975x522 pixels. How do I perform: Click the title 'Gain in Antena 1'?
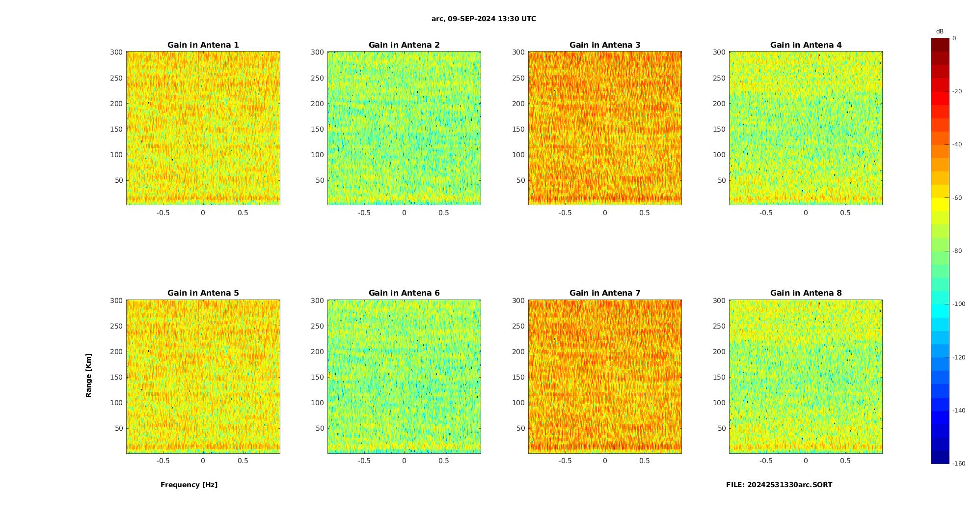tap(203, 45)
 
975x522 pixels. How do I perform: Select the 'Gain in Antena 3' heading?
tap(605, 45)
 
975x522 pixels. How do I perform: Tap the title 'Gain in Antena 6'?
tap(404, 293)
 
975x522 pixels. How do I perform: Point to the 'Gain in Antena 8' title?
tap(806, 293)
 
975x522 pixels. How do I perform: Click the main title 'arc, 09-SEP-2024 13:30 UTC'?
tap(484, 19)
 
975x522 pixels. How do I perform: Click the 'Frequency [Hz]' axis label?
tap(189, 485)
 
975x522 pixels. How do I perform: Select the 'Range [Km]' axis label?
tap(89, 375)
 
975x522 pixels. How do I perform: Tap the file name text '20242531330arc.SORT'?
tap(789, 485)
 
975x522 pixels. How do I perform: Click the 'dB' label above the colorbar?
tap(940, 31)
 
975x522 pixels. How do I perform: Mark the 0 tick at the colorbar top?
tap(954, 38)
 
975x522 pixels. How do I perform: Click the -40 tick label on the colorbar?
tap(957, 144)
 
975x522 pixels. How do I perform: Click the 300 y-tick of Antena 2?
tap(317, 52)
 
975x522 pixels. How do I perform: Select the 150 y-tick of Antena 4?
tap(719, 129)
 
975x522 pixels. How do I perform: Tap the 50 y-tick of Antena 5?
tap(119, 428)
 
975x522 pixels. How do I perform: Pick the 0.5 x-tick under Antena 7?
tap(644, 461)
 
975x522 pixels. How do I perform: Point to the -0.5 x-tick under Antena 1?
tap(163, 213)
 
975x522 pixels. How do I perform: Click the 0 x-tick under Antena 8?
tap(806, 461)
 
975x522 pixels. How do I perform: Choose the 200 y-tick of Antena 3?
tap(518, 104)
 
